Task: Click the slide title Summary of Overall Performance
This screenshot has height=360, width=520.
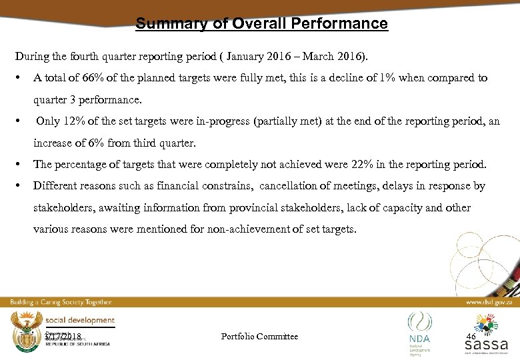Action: pyautogui.click(x=261, y=24)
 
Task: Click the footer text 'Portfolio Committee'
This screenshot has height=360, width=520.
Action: pyautogui.click(x=259, y=336)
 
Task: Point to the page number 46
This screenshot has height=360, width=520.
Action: pyautogui.click(x=471, y=336)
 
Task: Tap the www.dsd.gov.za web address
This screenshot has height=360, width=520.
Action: pyautogui.click(x=489, y=302)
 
